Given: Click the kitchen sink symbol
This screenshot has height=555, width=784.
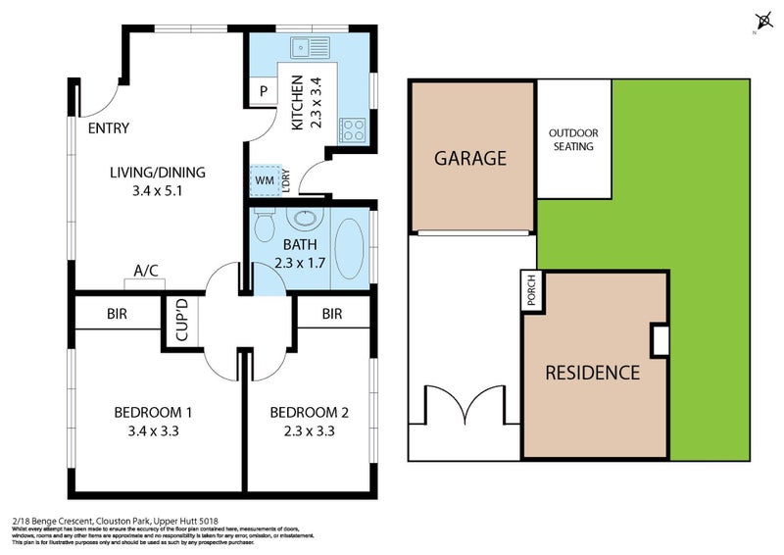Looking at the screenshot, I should (x=313, y=46).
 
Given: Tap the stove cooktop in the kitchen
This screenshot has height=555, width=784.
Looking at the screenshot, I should (x=352, y=128).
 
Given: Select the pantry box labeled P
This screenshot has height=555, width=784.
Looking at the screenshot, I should (x=264, y=92).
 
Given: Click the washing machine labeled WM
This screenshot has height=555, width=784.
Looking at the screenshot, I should (x=265, y=180).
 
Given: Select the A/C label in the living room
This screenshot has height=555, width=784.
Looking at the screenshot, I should (x=147, y=272).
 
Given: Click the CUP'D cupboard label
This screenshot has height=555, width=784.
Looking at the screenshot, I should (x=181, y=323).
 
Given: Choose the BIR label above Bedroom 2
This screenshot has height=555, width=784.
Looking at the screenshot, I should (x=331, y=314).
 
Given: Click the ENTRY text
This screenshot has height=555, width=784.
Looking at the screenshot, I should (x=108, y=127).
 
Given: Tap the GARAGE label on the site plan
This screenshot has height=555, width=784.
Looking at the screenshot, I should (x=470, y=158).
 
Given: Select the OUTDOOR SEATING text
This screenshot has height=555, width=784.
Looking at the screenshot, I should (x=572, y=140).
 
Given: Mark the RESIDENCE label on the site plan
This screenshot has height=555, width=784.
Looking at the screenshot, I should (x=592, y=373).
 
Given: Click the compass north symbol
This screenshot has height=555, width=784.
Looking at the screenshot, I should (x=762, y=22).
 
